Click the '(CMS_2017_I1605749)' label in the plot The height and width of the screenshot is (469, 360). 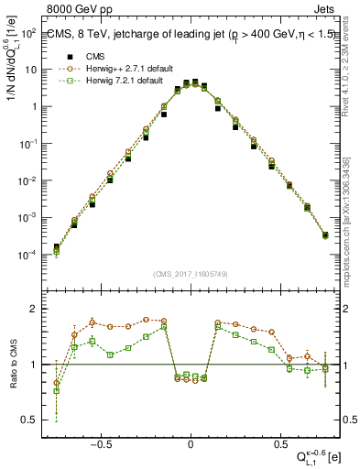[191, 274]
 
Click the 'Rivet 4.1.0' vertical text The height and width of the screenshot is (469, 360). [352, 64]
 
